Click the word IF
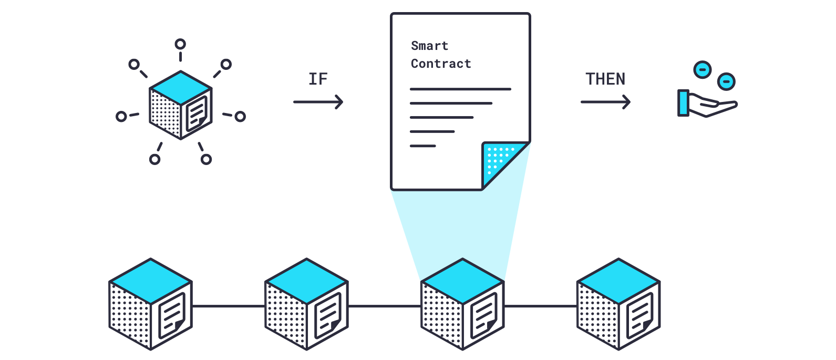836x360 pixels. coord(318,79)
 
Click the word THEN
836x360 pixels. coord(605,79)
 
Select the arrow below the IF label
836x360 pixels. coord(318,102)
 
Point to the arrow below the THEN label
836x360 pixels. coord(605,102)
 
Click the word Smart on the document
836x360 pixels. coord(429,46)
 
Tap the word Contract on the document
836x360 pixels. coord(441,64)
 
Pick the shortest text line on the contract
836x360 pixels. coord(423,146)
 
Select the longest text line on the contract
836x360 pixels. coord(460,89)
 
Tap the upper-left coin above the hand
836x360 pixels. coord(703,69)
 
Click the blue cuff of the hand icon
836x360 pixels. coord(683,103)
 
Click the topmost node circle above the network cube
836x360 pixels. coord(180,44)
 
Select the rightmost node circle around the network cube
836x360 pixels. coord(240,117)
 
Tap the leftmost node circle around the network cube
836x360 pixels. coord(121,116)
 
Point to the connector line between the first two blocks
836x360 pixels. coord(229,306)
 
